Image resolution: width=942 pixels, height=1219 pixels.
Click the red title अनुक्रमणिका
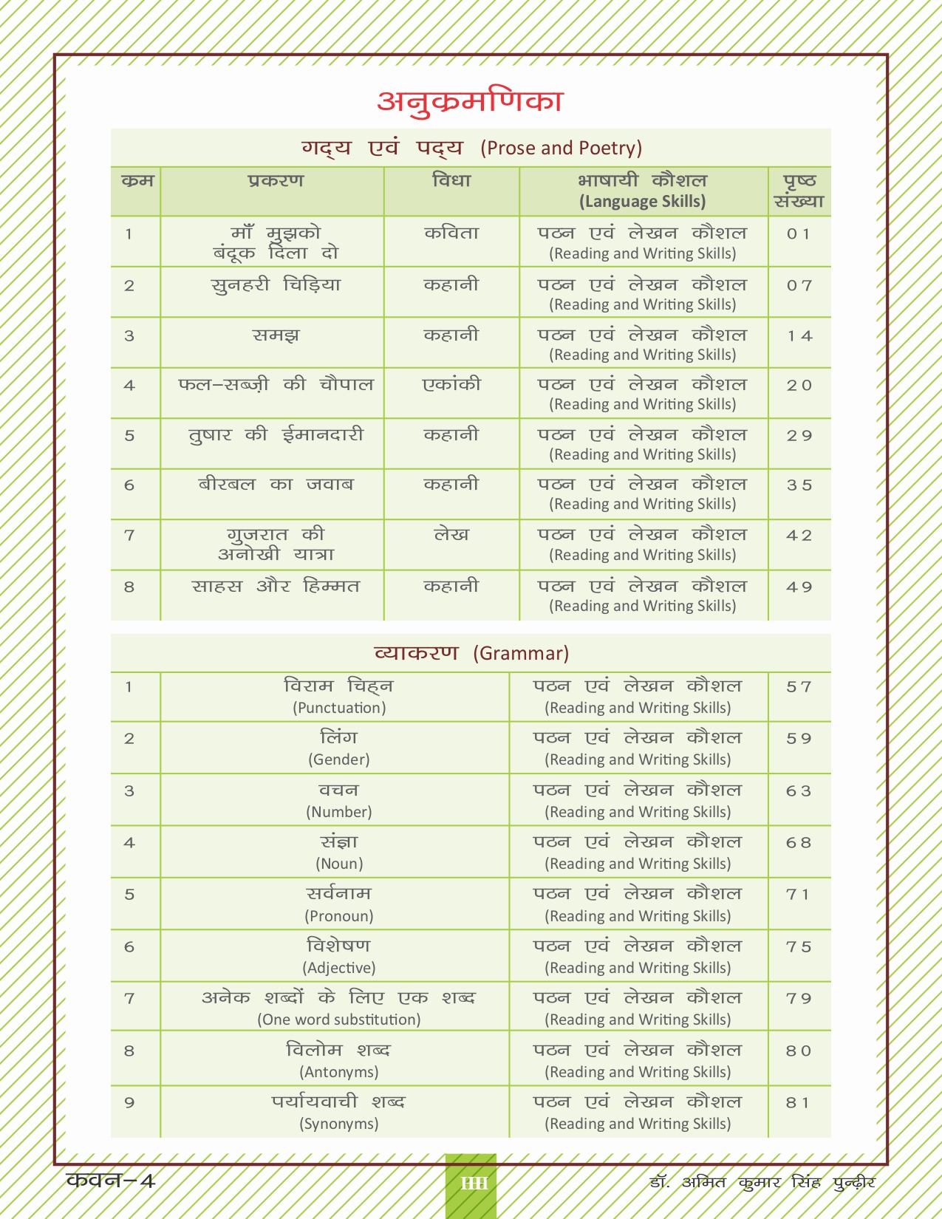pyautogui.click(x=470, y=101)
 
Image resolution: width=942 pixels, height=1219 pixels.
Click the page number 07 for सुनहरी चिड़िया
pyautogui.click(x=799, y=285)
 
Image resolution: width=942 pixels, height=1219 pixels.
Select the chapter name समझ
pyautogui.click(x=276, y=335)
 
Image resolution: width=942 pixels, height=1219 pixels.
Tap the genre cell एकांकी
pyautogui.click(x=451, y=385)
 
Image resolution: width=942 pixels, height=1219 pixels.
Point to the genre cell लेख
pyautogui.click(x=451, y=535)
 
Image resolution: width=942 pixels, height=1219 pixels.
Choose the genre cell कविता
pyautogui.click(x=451, y=233)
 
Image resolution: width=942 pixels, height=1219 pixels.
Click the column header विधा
pyautogui.click(x=451, y=181)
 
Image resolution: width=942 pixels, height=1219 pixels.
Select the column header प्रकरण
pyautogui.click(x=276, y=181)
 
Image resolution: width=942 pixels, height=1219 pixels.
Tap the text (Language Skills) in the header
pyautogui.click(x=642, y=202)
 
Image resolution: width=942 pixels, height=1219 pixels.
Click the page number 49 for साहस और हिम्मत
pyautogui.click(x=799, y=587)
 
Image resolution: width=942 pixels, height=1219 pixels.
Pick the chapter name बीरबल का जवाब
pyautogui.click(x=276, y=485)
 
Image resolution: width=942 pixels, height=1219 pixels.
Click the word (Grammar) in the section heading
pyautogui.click(x=521, y=654)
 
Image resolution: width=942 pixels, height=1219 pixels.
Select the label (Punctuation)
pyautogui.click(x=339, y=708)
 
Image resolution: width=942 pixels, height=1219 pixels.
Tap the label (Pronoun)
pyautogui.click(x=339, y=916)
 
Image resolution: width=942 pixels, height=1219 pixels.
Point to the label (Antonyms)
pyautogui.click(x=339, y=1072)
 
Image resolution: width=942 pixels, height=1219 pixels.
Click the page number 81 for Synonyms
pyautogui.click(x=798, y=1103)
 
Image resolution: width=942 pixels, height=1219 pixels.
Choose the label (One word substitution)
pyautogui.click(x=339, y=1020)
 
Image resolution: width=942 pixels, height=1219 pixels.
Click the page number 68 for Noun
pyautogui.click(x=799, y=843)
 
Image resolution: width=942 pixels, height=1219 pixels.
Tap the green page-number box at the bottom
pyautogui.click(x=471, y=1184)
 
